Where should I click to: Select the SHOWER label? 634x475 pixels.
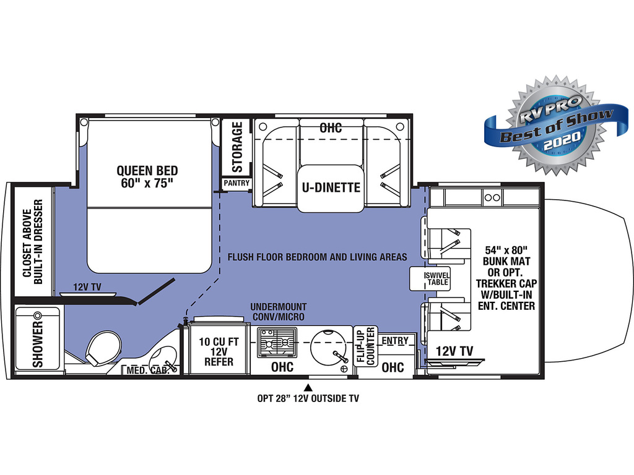click(x=38, y=344)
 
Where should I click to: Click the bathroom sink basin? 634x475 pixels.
click(x=163, y=357)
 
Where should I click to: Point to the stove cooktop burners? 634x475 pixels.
click(x=277, y=342)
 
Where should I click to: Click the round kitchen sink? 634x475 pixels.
click(x=328, y=348)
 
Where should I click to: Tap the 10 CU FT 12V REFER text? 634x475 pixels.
click(x=219, y=351)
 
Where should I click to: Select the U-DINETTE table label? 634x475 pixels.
click(x=331, y=187)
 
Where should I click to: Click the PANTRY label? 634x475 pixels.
click(x=237, y=183)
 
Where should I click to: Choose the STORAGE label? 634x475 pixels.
click(x=237, y=147)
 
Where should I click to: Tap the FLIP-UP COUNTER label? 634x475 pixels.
click(x=366, y=346)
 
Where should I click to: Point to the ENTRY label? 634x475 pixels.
click(x=395, y=341)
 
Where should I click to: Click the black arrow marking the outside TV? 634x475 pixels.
click(x=308, y=388)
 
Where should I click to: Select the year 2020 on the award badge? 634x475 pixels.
click(x=562, y=142)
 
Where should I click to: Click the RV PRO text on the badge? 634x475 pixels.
click(x=550, y=109)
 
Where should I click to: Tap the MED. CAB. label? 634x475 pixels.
click(x=148, y=370)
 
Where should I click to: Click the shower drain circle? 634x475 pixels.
click(x=38, y=315)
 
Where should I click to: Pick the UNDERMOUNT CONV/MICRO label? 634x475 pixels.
click(x=279, y=312)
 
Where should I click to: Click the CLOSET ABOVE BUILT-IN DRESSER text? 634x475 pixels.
click(x=32, y=242)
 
